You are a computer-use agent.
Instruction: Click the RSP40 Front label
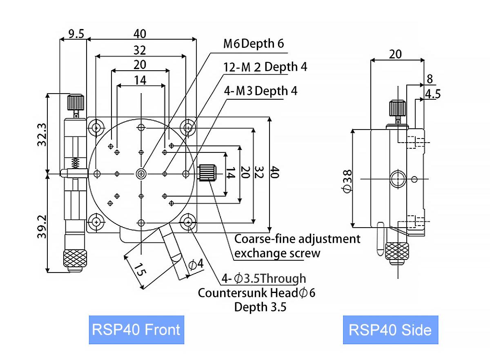(x=136, y=330)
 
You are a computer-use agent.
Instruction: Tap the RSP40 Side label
(x=390, y=330)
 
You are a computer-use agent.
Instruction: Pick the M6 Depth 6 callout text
(x=253, y=43)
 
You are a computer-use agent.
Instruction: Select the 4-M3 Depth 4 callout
(x=261, y=91)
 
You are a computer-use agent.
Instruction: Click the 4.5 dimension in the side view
(x=432, y=94)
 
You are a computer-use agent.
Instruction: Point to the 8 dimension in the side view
(x=429, y=79)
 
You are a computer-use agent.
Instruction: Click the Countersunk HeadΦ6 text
(x=256, y=293)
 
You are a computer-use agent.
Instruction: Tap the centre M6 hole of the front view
(x=141, y=174)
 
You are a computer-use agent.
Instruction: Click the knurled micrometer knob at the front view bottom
(x=75, y=258)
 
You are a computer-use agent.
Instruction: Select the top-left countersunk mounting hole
(x=96, y=128)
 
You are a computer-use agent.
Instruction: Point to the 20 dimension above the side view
(x=395, y=54)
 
